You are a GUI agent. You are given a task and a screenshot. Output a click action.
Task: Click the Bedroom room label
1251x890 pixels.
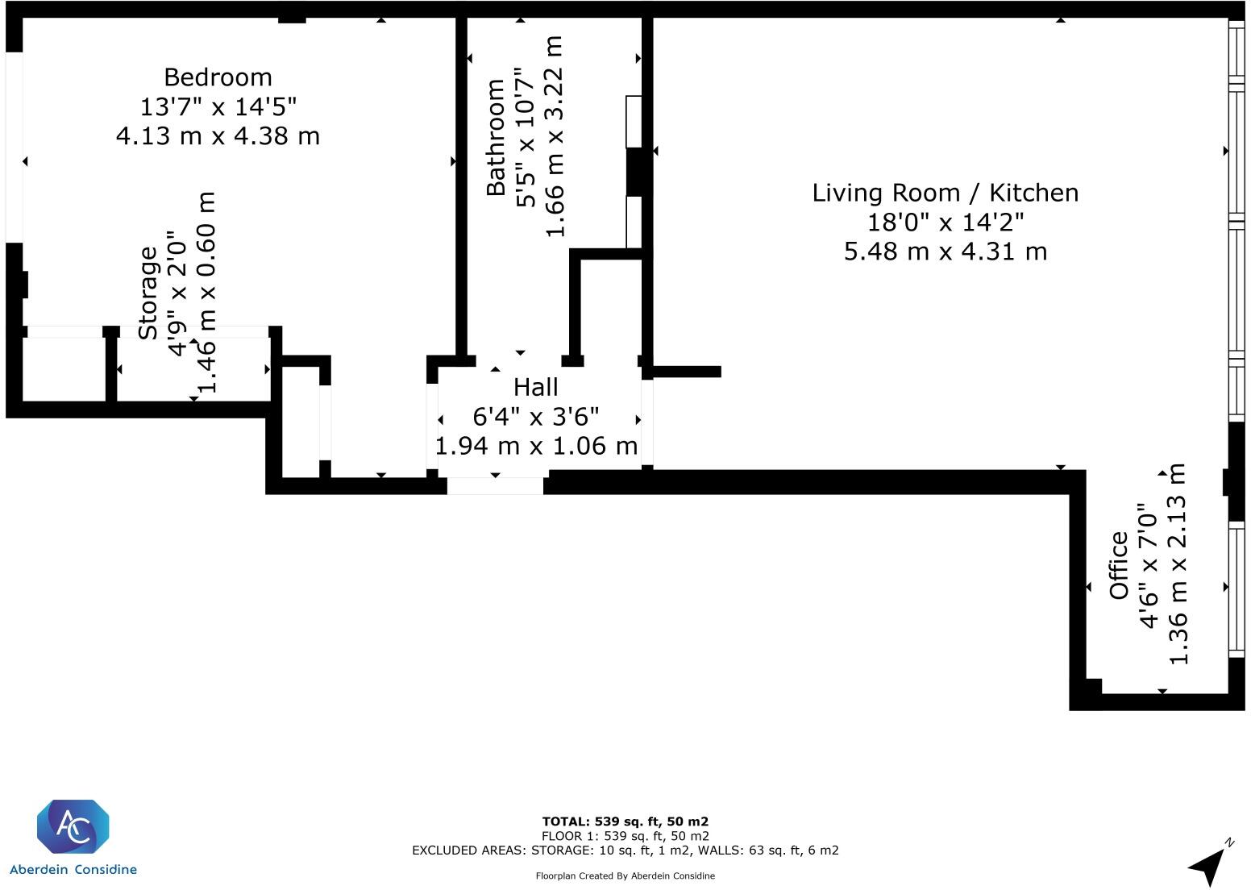click(218, 77)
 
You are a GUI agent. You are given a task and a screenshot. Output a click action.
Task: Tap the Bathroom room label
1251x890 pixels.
click(496, 137)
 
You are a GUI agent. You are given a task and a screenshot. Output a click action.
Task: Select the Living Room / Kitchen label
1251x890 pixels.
click(945, 193)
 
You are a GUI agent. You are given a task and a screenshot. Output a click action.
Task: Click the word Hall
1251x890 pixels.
click(535, 388)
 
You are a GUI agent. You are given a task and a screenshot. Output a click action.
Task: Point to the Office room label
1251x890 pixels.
click(1119, 565)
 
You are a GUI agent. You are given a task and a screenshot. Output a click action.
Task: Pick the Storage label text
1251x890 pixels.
click(148, 293)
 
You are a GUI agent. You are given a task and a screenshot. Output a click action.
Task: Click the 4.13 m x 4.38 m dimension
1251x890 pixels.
click(218, 135)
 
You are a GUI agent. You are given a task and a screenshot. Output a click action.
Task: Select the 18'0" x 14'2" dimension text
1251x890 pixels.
click(945, 222)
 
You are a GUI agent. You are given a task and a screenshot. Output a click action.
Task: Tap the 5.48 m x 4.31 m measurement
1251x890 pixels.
click(945, 252)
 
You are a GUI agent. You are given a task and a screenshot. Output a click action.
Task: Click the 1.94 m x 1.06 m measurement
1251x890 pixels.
click(536, 446)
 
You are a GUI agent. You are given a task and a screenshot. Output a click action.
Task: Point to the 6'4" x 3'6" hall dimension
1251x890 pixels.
click(535, 417)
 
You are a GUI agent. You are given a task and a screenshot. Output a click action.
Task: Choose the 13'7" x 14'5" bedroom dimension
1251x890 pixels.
click(218, 106)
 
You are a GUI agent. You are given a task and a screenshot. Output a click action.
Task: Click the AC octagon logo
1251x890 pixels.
click(73, 827)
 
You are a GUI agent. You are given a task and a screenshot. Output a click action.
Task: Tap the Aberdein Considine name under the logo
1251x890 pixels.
click(73, 870)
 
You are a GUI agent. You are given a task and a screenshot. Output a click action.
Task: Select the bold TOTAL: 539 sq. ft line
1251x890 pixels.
click(625, 822)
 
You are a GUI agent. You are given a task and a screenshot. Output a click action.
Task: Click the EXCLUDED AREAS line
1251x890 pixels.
click(625, 850)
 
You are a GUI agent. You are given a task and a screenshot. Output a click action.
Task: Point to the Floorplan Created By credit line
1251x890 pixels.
click(625, 876)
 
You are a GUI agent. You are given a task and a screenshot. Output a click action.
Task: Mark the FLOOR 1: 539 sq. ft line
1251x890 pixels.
click(625, 836)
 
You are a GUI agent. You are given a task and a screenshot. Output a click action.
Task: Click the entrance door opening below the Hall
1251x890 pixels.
click(495, 485)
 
